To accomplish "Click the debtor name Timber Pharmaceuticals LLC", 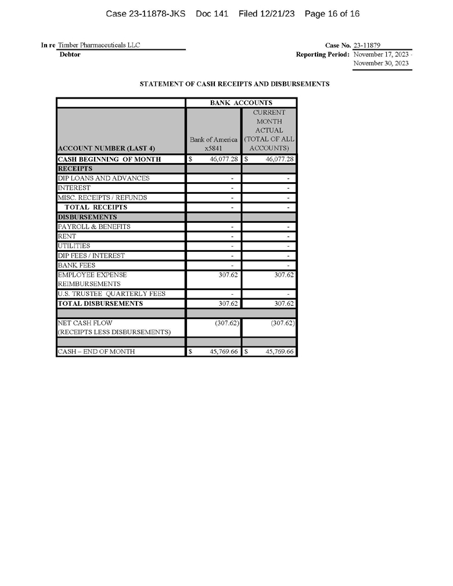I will (x=99, y=45).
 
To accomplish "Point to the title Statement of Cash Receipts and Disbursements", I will (x=234, y=84).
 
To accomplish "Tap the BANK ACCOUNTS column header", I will (x=241, y=103).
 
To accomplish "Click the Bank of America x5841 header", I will (x=213, y=144).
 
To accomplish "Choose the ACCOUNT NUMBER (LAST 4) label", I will (x=106, y=149).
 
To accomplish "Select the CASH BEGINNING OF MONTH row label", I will (x=109, y=159).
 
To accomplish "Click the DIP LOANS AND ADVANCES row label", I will (x=103, y=178).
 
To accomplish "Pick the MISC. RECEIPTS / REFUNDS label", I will (x=102, y=197).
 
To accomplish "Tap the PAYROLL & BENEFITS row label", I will (x=94, y=226).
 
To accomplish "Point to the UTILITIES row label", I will (x=74, y=245).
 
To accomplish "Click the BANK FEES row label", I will (x=77, y=265).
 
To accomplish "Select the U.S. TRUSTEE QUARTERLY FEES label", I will (x=112, y=294).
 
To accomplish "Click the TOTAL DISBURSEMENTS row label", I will (x=100, y=303).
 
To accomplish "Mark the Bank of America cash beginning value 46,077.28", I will (x=222, y=159).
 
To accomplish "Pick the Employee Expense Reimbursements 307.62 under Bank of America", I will (x=229, y=274).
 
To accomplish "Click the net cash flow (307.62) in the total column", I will (x=282, y=323).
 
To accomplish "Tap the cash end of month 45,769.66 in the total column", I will (x=279, y=352).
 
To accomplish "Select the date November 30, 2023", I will (x=381, y=63).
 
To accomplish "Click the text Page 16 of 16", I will (x=332, y=13).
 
